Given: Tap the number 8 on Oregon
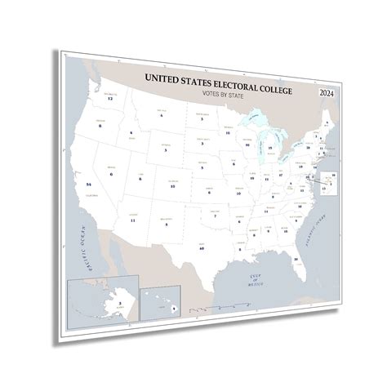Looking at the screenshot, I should [x=100, y=127].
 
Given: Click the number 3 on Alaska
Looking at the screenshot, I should [x=99, y=303].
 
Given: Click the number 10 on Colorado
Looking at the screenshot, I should [x=173, y=186].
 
